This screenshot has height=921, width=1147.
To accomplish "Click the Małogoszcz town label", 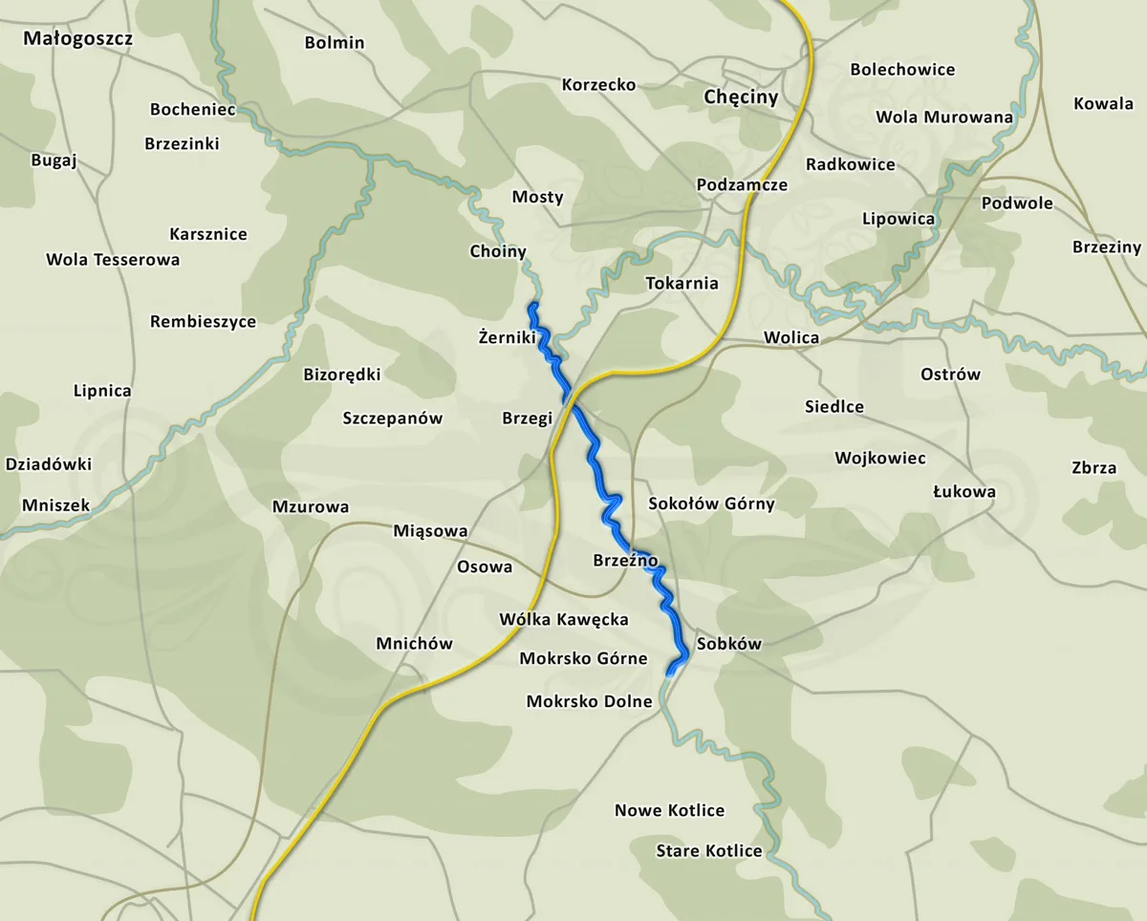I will point(77,39).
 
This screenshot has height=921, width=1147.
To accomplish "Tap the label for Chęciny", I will point(741,97).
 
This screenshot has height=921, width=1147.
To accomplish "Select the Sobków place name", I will point(729,644).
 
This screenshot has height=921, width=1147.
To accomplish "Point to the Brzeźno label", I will point(625,561).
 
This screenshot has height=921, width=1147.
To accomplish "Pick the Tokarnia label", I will point(682,283).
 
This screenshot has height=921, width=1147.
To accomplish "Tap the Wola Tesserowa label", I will point(113,260).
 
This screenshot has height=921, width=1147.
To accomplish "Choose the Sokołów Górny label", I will point(711,503).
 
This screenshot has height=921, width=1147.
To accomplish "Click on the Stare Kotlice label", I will point(709,851).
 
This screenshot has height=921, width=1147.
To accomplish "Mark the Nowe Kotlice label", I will point(669,811).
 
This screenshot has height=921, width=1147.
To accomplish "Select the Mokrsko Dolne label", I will point(589,702).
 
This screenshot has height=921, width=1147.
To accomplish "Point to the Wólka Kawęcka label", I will point(564,620).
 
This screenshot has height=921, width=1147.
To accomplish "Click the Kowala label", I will point(1103,103).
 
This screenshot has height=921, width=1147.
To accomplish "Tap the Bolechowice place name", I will point(902,70).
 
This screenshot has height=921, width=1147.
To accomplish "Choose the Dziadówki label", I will point(49,464).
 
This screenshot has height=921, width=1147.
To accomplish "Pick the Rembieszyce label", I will point(203,322).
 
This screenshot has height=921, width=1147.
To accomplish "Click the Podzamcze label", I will point(742,185).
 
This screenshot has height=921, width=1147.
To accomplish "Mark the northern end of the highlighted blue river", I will point(532,306).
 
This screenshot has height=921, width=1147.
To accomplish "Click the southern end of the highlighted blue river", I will point(670,673).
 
